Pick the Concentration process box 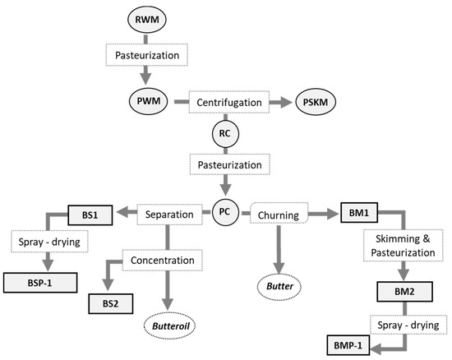pos(162,261)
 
